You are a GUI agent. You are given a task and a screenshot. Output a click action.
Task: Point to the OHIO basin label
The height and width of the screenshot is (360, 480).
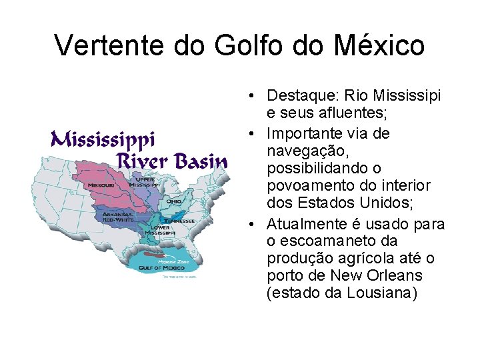174,201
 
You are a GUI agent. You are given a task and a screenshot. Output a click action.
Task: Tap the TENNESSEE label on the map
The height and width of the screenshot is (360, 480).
181,221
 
